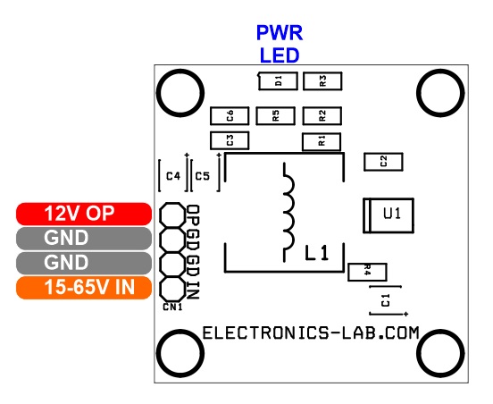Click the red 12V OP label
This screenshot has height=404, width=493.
pyautogui.click(x=84, y=214)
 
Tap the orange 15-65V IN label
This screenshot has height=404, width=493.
pyautogui.click(x=84, y=288)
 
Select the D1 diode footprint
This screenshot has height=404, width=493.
pyautogui.click(x=278, y=81)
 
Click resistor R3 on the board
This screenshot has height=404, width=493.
pyautogui.click(x=322, y=81)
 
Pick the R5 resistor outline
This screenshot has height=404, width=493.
pyautogui.click(x=275, y=116)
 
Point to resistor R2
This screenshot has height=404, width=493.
pyautogui.click(x=322, y=116)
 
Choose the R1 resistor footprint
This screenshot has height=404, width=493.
pyautogui.click(x=322, y=141)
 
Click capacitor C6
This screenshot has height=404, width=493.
pyautogui.click(x=230, y=116)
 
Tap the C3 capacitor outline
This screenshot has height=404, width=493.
pyautogui.click(x=230, y=140)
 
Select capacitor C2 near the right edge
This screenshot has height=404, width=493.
pyautogui.click(x=383, y=162)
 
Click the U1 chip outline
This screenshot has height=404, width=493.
pyautogui.click(x=389, y=215)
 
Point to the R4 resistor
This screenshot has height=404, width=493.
pyautogui.click(x=367, y=272)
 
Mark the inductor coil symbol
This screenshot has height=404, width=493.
pyautogui.click(x=288, y=213)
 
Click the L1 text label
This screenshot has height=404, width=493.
pyautogui.click(x=317, y=253)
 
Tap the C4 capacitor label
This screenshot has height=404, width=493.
pyautogui.click(x=173, y=176)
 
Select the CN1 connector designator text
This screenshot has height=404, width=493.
pyautogui.click(x=172, y=307)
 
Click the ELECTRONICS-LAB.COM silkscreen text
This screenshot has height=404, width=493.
pyautogui.click(x=311, y=332)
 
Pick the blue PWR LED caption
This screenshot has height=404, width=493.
pyautogui.click(x=280, y=44)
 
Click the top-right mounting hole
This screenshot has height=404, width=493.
pyautogui.click(x=440, y=93)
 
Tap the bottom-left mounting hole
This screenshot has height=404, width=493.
pyautogui.click(x=180, y=354)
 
